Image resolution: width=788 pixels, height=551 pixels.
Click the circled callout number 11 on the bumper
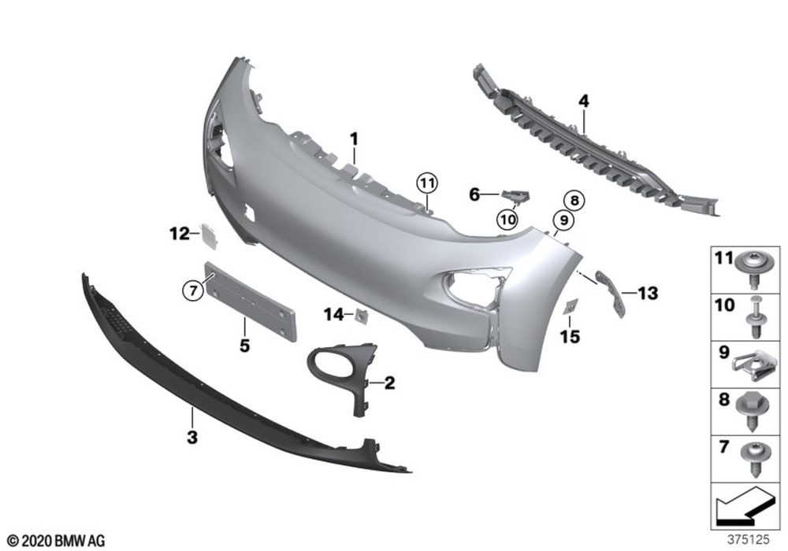(x=427, y=183)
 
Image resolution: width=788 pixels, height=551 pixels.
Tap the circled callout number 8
(x=574, y=201)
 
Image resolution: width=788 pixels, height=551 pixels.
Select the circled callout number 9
(x=563, y=220)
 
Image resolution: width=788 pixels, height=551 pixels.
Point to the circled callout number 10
(x=507, y=220)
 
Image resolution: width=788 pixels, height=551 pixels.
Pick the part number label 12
(x=179, y=234)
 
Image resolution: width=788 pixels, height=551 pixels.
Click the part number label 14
(x=333, y=315)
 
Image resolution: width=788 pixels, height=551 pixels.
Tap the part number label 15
(x=570, y=337)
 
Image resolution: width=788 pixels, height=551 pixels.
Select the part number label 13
(x=647, y=293)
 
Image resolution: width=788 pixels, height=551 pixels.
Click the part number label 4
(x=583, y=102)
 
